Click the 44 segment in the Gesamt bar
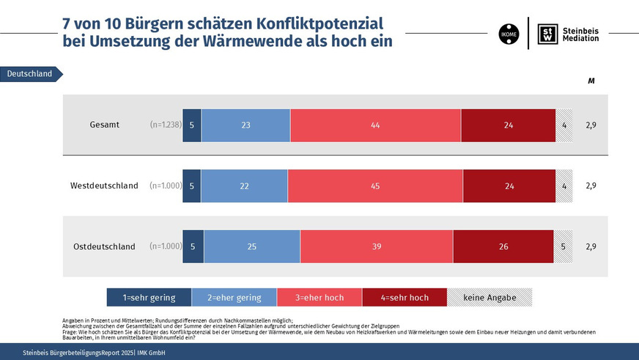[375, 125]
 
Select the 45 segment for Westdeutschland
[375, 185]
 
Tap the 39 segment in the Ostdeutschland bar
[377, 246]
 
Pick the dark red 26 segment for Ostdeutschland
[503, 246]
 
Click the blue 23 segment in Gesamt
[245, 125]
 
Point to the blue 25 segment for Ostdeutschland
[251, 246]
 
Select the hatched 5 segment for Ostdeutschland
[563, 246]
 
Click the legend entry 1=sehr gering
[149, 297]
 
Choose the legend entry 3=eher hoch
[319, 297]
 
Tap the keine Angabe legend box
[490, 297]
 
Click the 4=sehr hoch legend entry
[404, 297]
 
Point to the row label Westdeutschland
[104, 185]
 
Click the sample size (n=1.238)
[165, 125]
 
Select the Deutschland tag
[30, 74]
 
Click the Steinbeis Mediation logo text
[580, 34]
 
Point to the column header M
[591, 81]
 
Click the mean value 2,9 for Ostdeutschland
[591, 246]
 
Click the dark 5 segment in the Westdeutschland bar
[191, 185]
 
